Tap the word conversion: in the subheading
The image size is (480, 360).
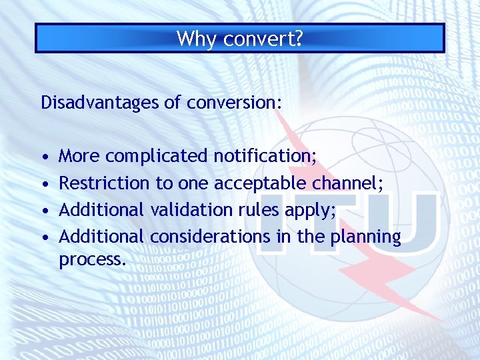coord(234,103)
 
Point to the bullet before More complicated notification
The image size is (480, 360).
coord(44,157)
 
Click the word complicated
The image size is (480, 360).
coord(157,157)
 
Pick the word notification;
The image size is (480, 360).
coord(265,157)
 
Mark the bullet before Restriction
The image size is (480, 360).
coord(44,184)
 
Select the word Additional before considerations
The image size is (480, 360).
coord(101,237)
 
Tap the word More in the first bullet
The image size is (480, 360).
coord(79,157)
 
